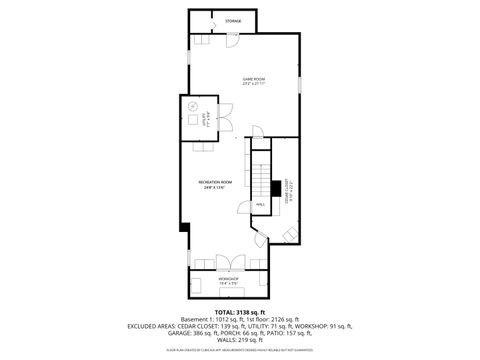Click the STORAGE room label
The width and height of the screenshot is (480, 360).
(232, 21)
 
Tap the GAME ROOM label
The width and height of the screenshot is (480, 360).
(252, 77)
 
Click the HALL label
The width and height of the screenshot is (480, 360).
(260, 204)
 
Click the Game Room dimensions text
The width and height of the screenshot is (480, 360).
(252, 83)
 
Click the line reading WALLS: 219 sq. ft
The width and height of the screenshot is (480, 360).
(239, 342)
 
